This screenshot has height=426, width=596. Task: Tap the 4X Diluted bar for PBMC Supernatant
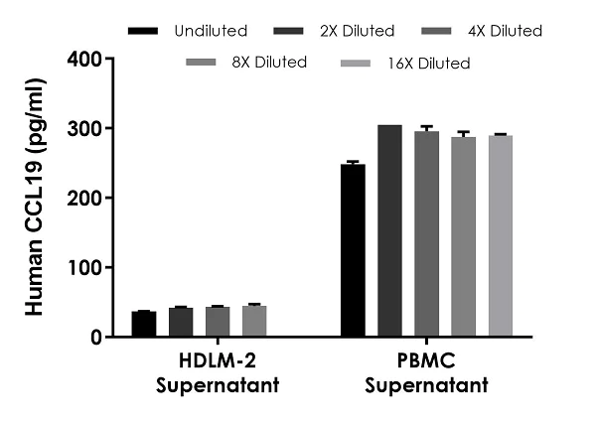(x=426, y=234)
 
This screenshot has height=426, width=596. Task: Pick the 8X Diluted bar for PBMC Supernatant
(x=463, y=237)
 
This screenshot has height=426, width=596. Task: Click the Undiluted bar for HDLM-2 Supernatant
(x=143, y=325)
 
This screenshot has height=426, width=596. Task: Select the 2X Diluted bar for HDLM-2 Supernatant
(x=180, y=323)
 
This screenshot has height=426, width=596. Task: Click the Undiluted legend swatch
(x=144, y=31)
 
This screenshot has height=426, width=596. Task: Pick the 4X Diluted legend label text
(x=503, y=31)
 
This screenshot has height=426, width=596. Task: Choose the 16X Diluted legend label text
(x=429, y=63)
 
